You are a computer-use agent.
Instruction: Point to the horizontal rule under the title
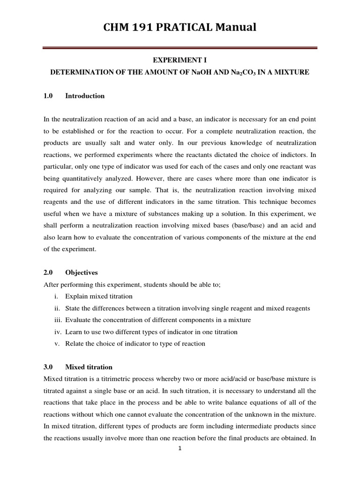tap(180, 47)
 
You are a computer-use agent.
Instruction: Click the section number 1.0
tap(48, 96)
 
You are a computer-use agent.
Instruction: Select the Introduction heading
tap(85, 96)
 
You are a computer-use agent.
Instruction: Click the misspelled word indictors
tap(295, 155)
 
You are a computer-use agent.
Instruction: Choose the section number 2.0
tap(48, 272)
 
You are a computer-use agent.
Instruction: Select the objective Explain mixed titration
tap(99, 296)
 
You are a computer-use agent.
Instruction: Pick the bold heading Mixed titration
tap(89, 367)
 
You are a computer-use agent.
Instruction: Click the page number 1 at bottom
tap(180, 448)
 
